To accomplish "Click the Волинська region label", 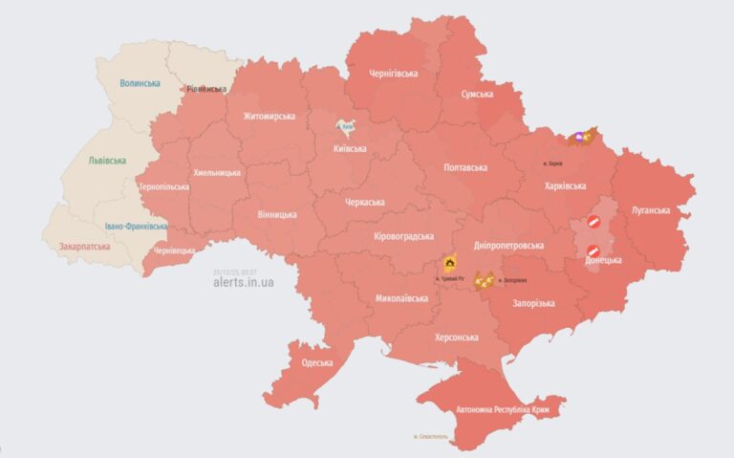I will click(140, 84).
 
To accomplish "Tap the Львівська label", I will click(107, 161).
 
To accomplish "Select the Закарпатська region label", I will click(84, 246).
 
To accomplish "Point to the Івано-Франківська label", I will click(137, 227).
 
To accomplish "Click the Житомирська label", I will click(269, 117).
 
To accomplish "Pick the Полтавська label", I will click(465, 167).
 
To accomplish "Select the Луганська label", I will click(650, 209).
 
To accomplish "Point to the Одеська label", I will click(316, 362).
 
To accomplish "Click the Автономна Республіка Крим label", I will click(487, 408).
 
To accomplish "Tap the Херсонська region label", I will click(456, 338).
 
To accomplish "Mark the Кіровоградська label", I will click(403, 236).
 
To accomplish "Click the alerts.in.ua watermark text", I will click(244, 282).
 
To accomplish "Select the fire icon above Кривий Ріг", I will click(449, 263).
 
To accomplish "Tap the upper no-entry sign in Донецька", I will click(593, 223).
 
